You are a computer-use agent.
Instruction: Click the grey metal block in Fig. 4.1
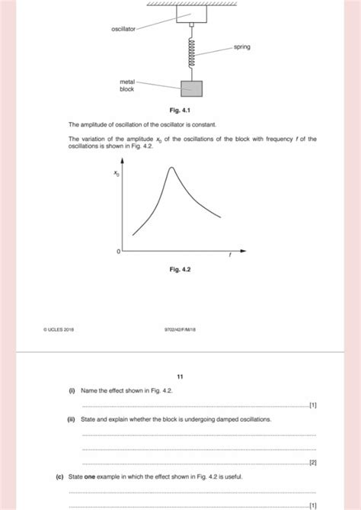click(x=192, y=88)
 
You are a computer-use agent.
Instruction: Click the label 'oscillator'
click(x=123, y=29)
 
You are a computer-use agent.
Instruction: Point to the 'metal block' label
click(x=126, y=85)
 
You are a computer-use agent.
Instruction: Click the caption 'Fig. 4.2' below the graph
click(x=180, y=268)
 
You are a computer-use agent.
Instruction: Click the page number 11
click(x=180, y=376)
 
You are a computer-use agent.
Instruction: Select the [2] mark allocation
click(x=311, y=463)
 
